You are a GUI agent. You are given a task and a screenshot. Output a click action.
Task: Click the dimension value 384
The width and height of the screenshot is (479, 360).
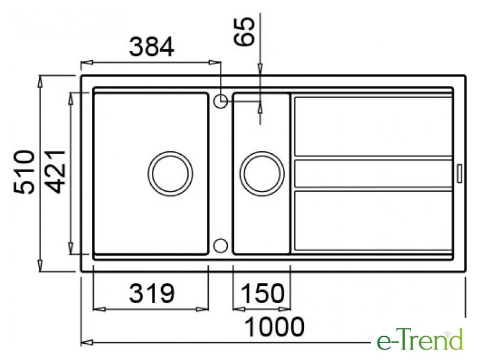point(151,47)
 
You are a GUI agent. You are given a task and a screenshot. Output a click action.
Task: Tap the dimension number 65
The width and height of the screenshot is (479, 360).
point(244,31)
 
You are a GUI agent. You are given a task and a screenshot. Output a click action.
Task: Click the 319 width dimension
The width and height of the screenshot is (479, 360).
point(151,293)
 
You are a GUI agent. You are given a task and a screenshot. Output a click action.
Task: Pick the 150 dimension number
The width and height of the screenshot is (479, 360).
point(263,293)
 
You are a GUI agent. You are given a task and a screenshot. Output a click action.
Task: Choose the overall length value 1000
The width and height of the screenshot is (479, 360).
point(275,327)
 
